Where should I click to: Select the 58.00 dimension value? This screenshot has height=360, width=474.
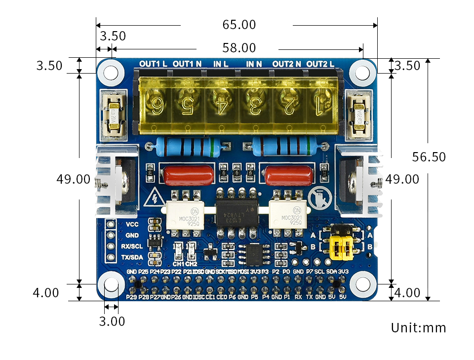(239, 48)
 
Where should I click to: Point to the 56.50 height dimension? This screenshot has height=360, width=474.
(429, 157)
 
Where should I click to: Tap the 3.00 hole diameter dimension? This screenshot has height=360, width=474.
(112, 321)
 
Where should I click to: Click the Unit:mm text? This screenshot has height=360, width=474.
(418, 328)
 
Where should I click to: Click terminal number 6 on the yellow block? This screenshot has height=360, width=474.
(158, 105)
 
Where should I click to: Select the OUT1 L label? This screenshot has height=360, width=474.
(153, 64)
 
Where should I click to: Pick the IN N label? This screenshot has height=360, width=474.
(254, 64)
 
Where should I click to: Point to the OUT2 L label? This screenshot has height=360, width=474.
(320, 64)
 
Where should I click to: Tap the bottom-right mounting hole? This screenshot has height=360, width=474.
(363, 284)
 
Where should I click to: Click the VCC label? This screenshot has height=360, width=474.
(132, 225)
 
